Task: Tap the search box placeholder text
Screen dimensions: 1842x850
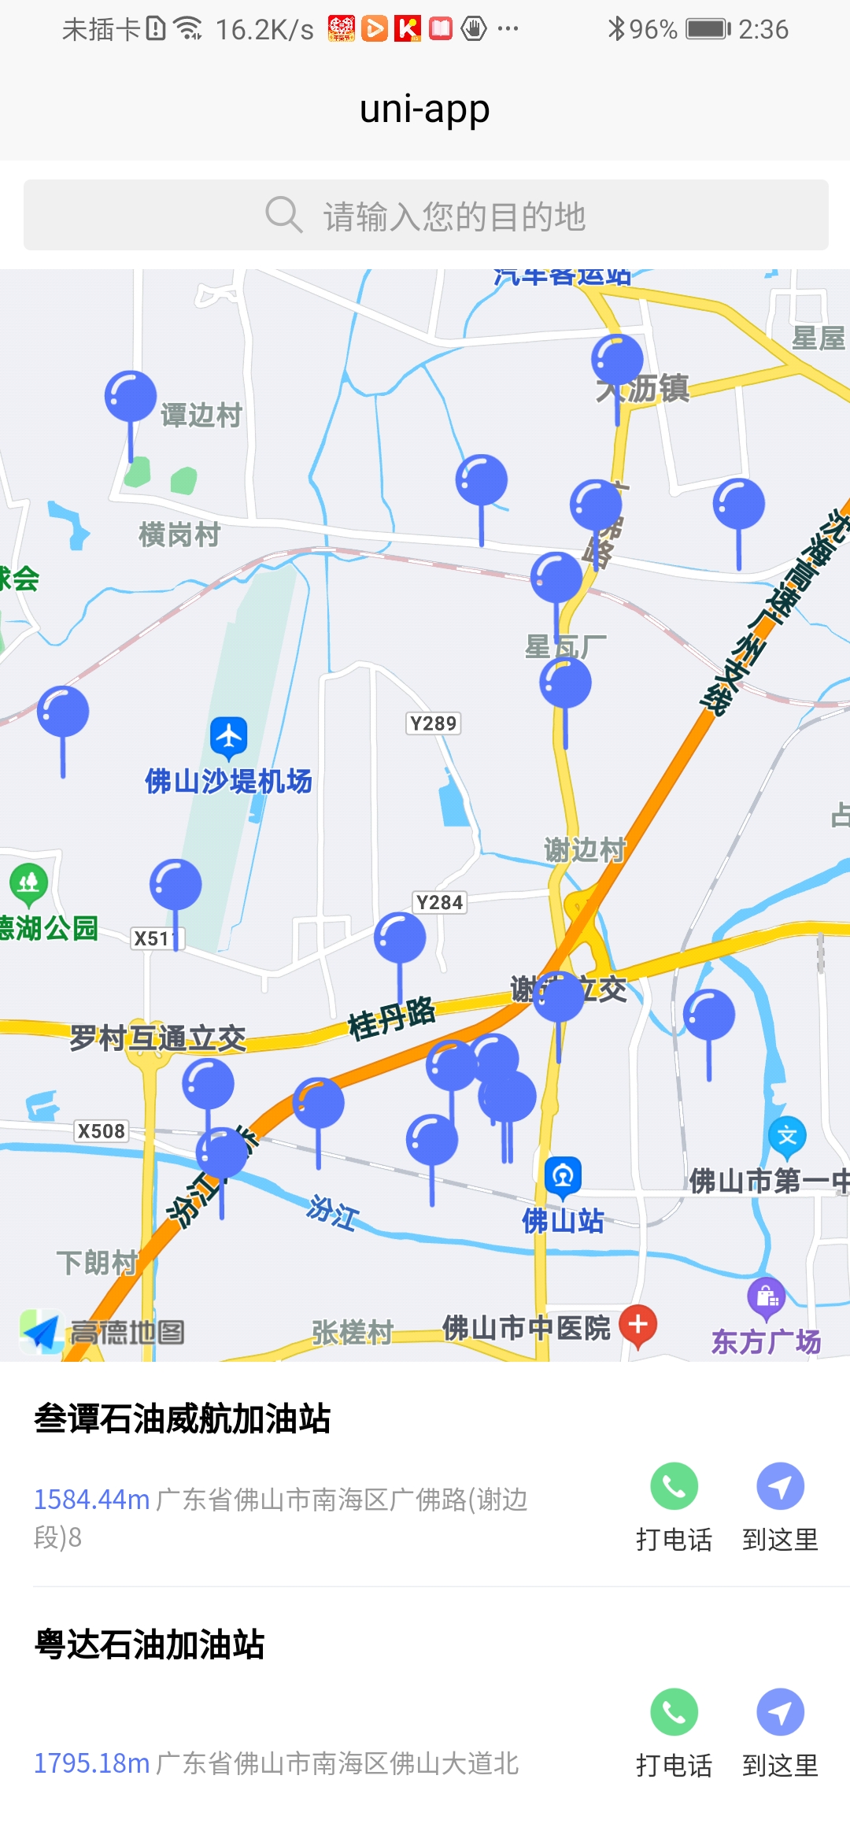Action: [x=454, y=216]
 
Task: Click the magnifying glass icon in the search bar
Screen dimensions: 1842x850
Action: [x=283, y=215]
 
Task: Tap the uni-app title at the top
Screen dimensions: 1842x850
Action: [x=425, y=109]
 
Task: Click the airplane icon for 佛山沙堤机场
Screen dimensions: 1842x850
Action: [x=229, y=737]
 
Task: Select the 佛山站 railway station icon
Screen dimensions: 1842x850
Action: [x=563, y=1176]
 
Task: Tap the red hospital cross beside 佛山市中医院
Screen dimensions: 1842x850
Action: [x=638, y=1324]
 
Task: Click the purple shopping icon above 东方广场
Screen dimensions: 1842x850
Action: [x=767, y=1296]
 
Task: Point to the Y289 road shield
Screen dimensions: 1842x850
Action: [x=434, y=723]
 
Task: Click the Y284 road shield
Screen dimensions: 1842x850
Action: [x=439, y=902]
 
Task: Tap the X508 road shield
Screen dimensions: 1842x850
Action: [x=102, y=1131]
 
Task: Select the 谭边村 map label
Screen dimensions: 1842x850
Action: [x=201, y=415]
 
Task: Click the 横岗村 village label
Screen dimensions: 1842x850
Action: [x=179, y=534]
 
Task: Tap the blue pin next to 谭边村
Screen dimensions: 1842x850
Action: [x=131, y=396]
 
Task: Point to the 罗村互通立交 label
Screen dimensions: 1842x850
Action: [x=157, y=1038]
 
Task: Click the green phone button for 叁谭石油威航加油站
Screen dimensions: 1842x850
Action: [x=674, y=1486]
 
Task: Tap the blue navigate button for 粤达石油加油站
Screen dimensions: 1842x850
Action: [x=780, y=1712]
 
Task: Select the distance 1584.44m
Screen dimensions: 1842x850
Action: [x=91, y=1500]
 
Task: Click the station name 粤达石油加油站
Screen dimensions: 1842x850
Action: [x=150, y=1644]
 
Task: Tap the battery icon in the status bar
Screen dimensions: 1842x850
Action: [x=708, y=29]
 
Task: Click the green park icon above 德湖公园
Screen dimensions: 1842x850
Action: [x=28, y=882]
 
